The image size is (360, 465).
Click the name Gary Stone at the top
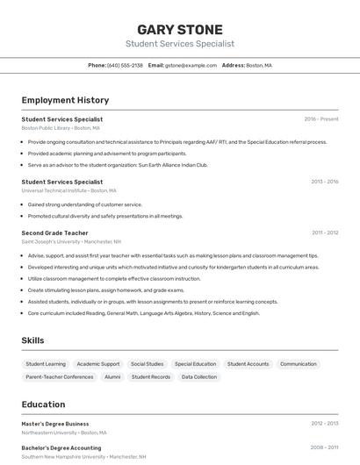click(180, 29)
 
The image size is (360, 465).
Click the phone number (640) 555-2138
click(125, 65)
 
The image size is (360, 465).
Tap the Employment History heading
click(65, 100)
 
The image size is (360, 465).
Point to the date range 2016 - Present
click(321, 118)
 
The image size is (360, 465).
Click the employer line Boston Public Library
click(61, 128)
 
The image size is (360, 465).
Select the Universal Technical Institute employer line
click(68, 190)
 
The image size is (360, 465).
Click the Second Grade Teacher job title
click(54, 232)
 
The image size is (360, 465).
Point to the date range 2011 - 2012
click(325, 232)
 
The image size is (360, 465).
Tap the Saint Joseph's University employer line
click(71, 241)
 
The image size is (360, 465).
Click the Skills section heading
click(33, 340)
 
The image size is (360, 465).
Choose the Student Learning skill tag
click(46, 364)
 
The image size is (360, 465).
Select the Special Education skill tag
click(195, 364)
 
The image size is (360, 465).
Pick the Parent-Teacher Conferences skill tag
click(60, 377)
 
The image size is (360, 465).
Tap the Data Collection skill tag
click(199, 377)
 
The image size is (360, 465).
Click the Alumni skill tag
click(112, 377)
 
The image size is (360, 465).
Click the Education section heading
click(43, 404)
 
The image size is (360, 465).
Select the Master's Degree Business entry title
click(55, 424)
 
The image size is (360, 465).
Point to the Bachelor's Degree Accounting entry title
click(62, 447)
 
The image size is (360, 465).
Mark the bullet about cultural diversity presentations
click(105, 216)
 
